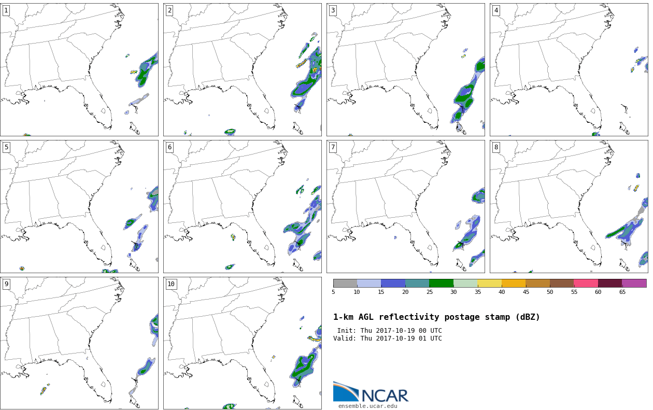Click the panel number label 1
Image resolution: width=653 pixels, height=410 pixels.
point(6,11)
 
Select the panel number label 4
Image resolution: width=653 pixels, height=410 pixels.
point(496,11)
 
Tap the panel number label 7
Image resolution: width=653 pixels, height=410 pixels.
point(333,147)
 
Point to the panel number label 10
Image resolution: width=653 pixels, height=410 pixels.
point(171,284)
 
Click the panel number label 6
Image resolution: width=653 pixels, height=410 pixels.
point(169,147)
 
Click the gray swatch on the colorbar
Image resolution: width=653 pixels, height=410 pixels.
point(345,283)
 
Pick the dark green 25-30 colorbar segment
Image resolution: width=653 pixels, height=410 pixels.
point(441,283)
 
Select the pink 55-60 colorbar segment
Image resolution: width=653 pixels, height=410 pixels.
point(586,283)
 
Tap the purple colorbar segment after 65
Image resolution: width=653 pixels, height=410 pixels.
point(634,283)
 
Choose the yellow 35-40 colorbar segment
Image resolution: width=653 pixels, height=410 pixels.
point(489,283)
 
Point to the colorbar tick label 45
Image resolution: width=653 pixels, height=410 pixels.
point(526,292)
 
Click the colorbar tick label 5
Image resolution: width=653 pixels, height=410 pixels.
point(333,292)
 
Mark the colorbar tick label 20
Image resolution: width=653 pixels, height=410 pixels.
point(405,292)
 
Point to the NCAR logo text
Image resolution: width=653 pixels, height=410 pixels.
point(385,395)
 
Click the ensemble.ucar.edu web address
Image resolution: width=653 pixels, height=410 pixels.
point(367,406)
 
